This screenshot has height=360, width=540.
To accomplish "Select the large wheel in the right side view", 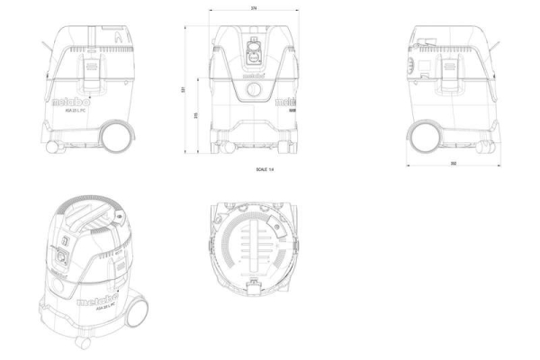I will pyautogui.click(x=423, y=135).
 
